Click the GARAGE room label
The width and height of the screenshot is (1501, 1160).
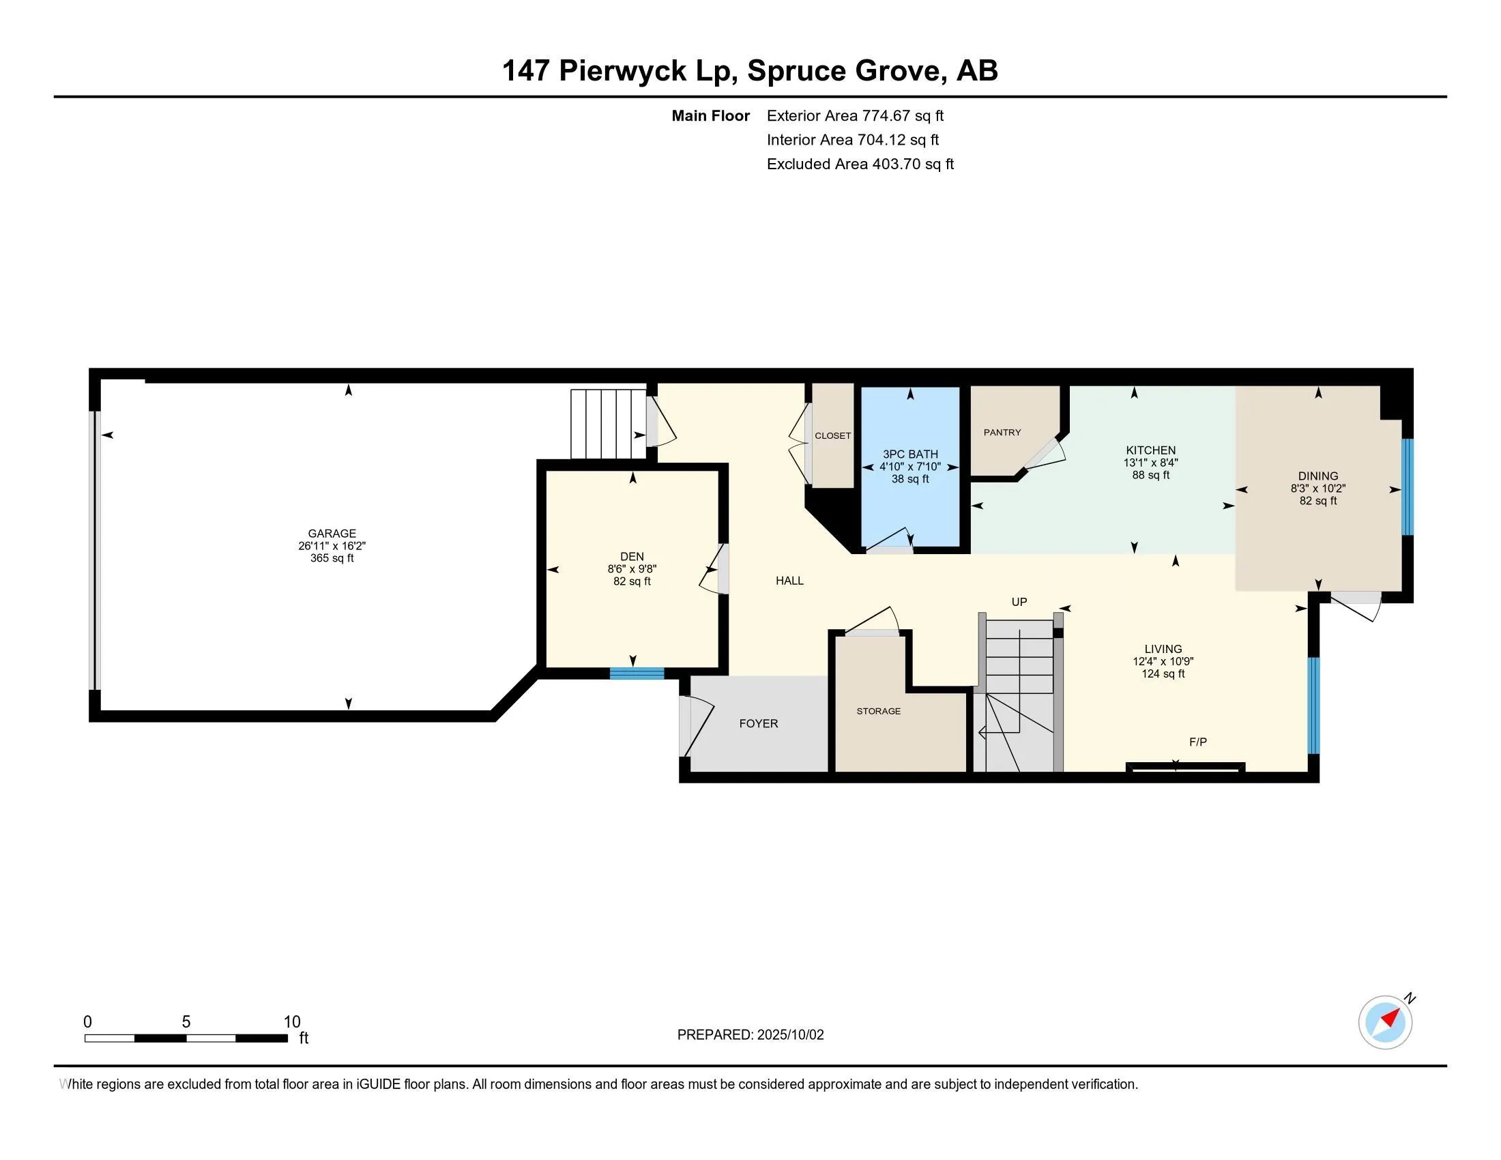pyautogui.click(x=332, y=534)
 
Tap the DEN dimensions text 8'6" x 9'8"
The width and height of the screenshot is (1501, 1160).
pyautogui.click(x=632, y=569)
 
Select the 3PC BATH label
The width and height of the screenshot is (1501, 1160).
pyautogui.click(x=910, y=454)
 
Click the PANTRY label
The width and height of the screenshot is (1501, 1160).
pyautogui.click(x=1002, y=432)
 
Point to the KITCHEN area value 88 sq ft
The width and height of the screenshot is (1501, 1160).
pyautogui.click(x=1150, y=475)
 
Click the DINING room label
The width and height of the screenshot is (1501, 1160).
pyautogui.click(x=1317, y=476)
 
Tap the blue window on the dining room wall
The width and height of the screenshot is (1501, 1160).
pyautogui.click(x=1407, y=487)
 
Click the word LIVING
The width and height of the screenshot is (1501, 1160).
pyautogui.click(x=1163, y=649)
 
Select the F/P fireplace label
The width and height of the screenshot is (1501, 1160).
pyautogui.click(x=1197, y=742)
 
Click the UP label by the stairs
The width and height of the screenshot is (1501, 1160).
pyautogui.click(x=1019, y=602)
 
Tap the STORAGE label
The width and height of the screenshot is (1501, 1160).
pyautogui.click(x=877, y=711)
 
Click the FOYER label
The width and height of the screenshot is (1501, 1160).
pyautogui.click(x=758, y=723)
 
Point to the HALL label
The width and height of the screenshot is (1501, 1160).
pyautogui.click(x=789, y=581)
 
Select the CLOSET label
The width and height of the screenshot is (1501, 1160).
pyautogui.click(x=832, y=436)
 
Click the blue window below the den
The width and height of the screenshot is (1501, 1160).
pyautogui.click(x=637, y=673)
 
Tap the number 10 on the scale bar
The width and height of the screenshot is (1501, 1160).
pyautogui.click(x=291, y=1022)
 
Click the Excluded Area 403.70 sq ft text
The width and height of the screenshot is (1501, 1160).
pyautogui.click(x=860, y=164)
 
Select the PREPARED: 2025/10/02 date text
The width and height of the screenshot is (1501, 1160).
pyautogui.click(x=750, y=1035)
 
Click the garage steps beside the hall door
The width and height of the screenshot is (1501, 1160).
pyautogui.click(x=609, y=423)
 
